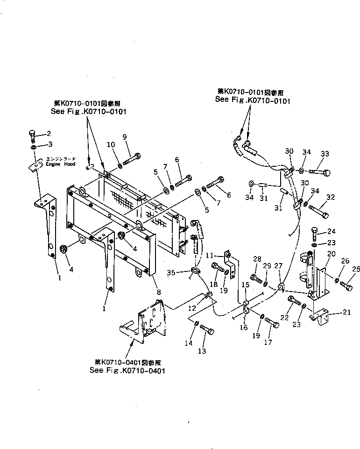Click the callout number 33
click(325, 154)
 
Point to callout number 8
click(159, 292)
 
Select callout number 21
click(346, 313)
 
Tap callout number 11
click(210, 256)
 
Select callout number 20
click(331, 254)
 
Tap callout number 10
click(111, 145)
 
